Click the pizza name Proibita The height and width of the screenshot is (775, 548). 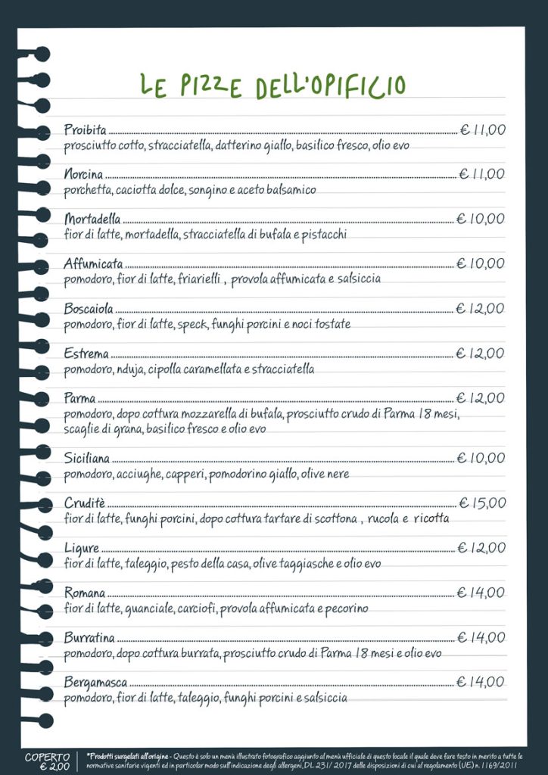(x=86, y=130)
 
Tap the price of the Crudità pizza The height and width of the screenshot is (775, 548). (x=482, y=503)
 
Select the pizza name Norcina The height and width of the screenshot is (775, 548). (x=83, y=175)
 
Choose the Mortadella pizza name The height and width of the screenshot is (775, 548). (x=92, y=219)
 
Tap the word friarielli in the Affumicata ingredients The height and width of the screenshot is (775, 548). (x=199, y=279)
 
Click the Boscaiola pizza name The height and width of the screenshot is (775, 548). (x=89, y=309)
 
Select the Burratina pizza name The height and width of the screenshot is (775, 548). (x=89, y=637)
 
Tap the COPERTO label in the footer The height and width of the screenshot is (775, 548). (x=48, y=756)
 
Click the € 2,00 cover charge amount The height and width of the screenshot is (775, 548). (x=48, y=767)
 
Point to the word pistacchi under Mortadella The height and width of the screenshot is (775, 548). (x=324, y=235)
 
